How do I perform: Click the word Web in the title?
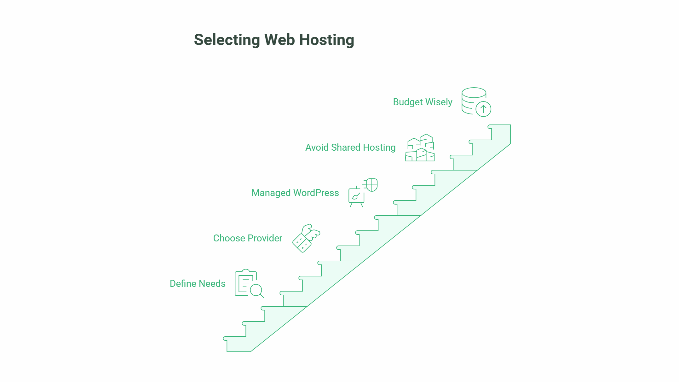coord(279,40)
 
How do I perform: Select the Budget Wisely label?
coord(423,102)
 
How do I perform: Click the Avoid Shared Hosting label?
coord(350,148)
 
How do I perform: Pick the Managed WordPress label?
coord(295,193)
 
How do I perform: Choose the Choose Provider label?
coord(248,238)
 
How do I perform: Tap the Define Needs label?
coord(198,284)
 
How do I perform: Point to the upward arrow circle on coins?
coord(483,109)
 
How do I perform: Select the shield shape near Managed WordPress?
coord(372,185)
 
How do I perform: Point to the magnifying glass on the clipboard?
coord(256,290)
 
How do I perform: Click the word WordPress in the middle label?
coord(316,193)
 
